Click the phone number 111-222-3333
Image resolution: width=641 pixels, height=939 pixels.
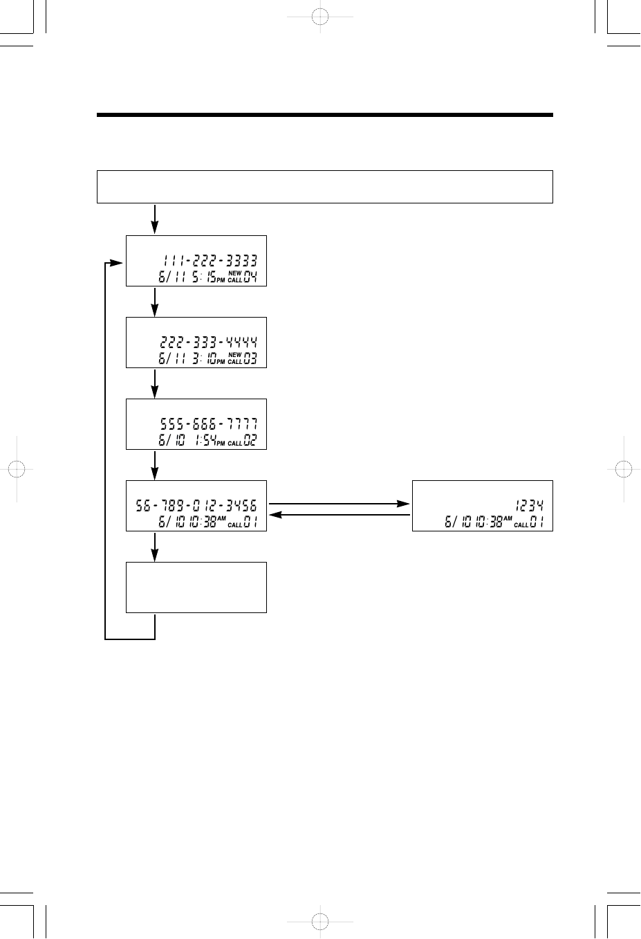tap(210, 261)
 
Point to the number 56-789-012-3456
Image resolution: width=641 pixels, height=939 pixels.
tap(197, 506)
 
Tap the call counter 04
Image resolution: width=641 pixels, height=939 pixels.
tap(250, 278)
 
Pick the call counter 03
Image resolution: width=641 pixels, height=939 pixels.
tap(250, 360)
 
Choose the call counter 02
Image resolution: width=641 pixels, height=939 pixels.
tap(250, 441)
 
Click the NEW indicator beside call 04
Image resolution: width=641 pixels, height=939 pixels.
tap(235, 274)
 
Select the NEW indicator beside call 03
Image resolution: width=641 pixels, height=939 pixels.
tap(235, 355)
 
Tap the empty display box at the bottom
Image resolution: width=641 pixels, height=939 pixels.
tap(196, 587)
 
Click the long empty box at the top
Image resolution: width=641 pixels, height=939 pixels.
tap(324, 186)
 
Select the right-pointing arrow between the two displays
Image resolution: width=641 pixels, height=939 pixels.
tap(339, 504)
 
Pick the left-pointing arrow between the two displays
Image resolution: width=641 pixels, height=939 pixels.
tap(339, 516)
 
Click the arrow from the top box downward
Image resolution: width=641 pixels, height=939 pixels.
tap(155, 219)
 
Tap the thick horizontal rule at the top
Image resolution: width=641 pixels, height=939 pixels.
tap(324, 115)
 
